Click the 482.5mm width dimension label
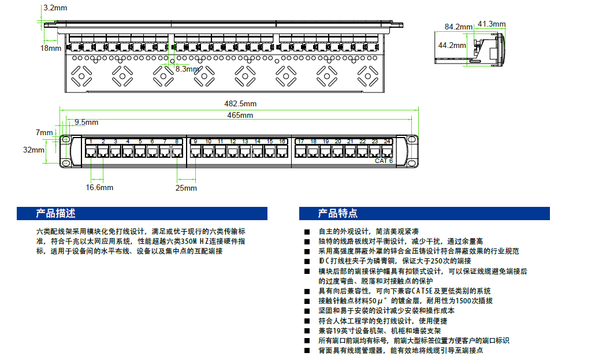click(x=240, y=103)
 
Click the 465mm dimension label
click(x=240, y=115)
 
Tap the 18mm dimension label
click(x=50, y=48)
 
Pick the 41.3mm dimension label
click(x=492, y=24)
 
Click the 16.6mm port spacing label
click(x=99, y=187)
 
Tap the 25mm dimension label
click(x=187, y=188)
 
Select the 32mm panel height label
click(x=34, y=150)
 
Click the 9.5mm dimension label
click(x=86, y=122)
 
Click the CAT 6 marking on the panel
click(x=384, y=161)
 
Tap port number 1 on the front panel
click(x=91, y=142)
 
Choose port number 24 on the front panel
click(x=386, y=142)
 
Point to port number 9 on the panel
click(x=195, y=142)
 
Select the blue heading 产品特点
click(x=338, y=214)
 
